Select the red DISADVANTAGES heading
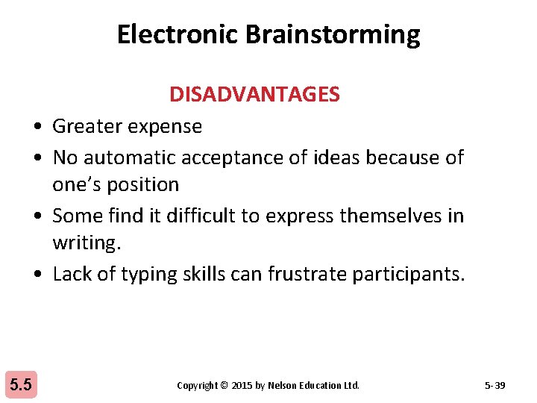tap(254, 95)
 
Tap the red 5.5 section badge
tap(20, 385)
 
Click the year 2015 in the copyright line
tap(242, 386)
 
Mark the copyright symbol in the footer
tap(224, 386)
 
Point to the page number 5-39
tap(494, 386)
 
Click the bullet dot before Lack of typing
tap(37, 275)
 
